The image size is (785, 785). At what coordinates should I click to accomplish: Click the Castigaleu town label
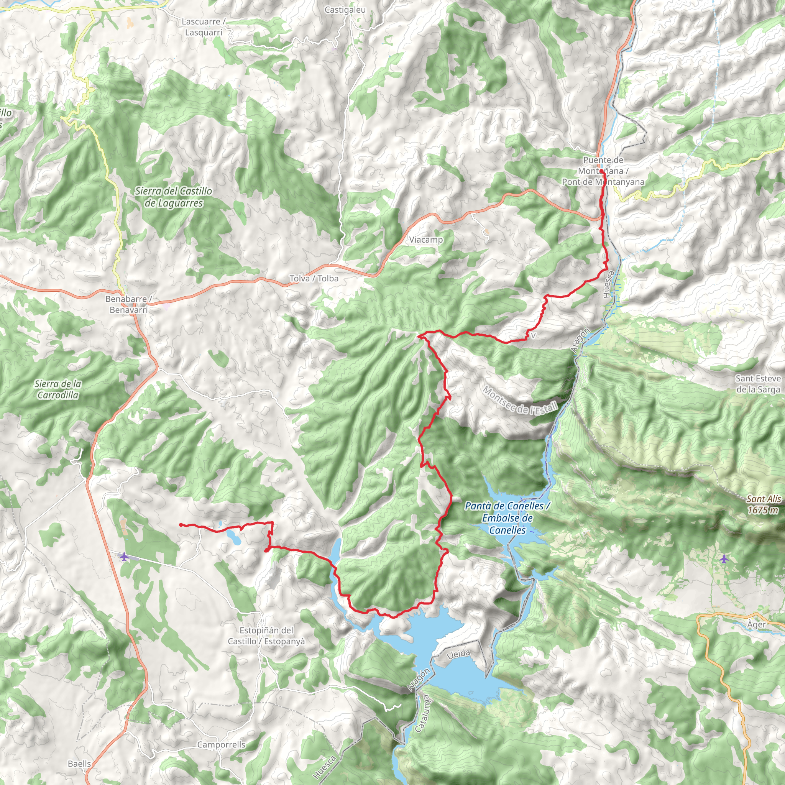tap(345, 10)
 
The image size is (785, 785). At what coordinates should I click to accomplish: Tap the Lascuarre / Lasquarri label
tap(204, 27)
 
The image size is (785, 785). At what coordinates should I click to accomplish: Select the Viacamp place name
tap(426, 240)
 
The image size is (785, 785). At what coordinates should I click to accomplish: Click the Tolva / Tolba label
tap(314, 278)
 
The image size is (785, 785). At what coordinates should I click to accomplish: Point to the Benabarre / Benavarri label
tap(128, 304)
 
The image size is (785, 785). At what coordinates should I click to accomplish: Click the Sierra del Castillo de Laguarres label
tap(174, 197)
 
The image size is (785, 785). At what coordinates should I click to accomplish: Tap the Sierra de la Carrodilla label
tap(58, 389)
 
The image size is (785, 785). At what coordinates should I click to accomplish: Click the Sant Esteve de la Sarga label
tap(758, 384)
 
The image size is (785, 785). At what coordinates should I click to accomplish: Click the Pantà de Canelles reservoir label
tap(507, 518)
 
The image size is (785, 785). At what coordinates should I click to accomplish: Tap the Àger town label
tap(756, 624)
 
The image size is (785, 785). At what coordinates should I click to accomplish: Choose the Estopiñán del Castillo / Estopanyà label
tap(266, 636)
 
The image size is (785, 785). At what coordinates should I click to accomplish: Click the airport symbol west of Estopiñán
tap(124, 556)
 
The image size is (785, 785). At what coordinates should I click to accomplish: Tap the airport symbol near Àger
tap(724, 559)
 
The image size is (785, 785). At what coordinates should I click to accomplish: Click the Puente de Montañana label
tap(603, 171)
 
